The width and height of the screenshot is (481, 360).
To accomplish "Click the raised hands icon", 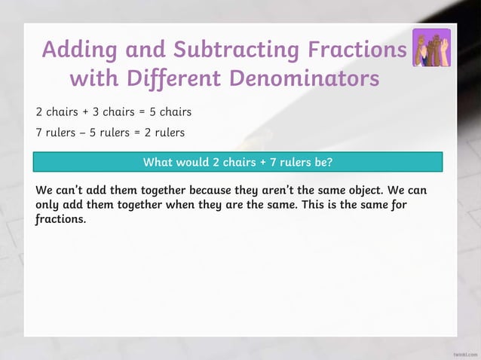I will coord(431,48).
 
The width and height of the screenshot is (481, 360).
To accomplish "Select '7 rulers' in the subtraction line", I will coord(56,133).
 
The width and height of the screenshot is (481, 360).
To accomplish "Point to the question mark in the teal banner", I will coord(329,162).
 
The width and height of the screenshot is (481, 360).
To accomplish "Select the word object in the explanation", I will coord(366,190).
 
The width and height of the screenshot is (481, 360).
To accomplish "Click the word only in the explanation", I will coord(50,205).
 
